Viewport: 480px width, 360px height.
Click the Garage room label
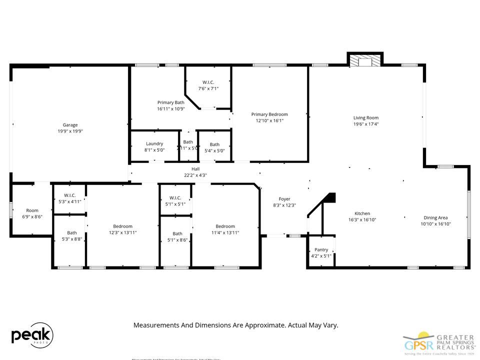[70, 125]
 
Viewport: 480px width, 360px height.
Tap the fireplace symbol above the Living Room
[365, 61]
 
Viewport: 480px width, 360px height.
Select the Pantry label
[321, 250]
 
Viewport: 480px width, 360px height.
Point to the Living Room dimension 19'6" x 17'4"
[366, 124]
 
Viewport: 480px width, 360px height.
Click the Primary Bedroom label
[269, 114]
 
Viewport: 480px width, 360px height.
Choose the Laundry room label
[154, 143]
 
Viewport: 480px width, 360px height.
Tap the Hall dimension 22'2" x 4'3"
[195, 175]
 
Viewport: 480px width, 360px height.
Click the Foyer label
[284, 199]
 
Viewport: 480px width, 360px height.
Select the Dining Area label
[435, 217]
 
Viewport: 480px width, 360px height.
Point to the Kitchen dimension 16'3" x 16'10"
[362, 219]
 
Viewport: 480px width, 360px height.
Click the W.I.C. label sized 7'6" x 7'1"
[208, 82]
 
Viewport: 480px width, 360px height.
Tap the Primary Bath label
[171, 102]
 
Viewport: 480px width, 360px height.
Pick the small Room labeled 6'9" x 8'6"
[32, 210]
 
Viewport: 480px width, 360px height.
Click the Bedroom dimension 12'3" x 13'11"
[122, 232]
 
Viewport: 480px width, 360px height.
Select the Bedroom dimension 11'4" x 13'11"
[225, 232]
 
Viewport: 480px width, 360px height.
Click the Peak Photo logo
[32, 336]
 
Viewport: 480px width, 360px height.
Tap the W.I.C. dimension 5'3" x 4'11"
[69, 201]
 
